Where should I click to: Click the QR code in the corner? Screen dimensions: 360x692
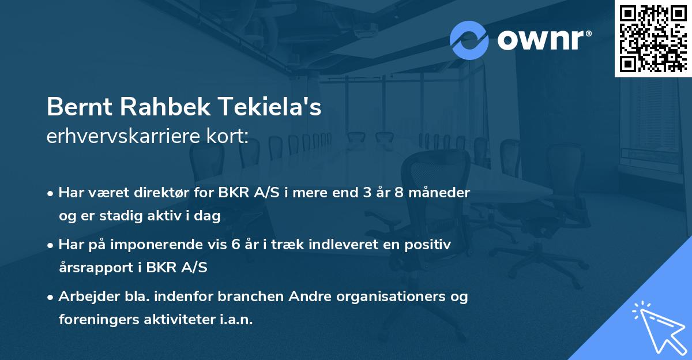click(653, 39)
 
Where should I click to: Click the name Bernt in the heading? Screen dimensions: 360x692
click(77, 108)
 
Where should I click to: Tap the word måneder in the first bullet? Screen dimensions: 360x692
click(440, 192)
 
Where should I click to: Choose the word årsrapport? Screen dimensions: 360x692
click(95, 267)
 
